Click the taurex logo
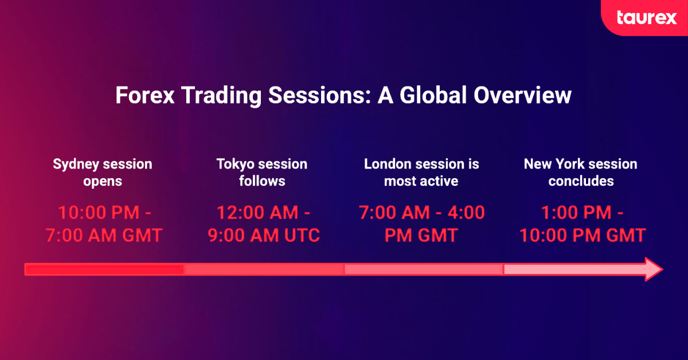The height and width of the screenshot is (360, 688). (x=646, y=18)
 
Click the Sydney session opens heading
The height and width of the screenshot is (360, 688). (x=103, y=172)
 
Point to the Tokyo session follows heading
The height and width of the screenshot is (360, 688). (x=262, y=172)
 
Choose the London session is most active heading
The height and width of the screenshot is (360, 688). (x=421, y=172)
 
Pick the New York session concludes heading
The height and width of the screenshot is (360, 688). (x=581, y=172)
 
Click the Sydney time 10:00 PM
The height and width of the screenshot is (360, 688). (x=98, y=213)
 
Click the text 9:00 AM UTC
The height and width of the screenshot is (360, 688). (x=262, y=235)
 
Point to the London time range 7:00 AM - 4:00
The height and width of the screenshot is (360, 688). (x=421, y=213)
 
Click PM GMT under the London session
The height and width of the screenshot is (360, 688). (x=421, y=235)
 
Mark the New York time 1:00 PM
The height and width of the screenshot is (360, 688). (x=576, y=213)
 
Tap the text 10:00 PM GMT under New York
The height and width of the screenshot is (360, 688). (x=582, y=235)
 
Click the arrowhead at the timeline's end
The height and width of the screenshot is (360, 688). (x=652, y=269)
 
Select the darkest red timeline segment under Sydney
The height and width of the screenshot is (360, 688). (x=104, y=269)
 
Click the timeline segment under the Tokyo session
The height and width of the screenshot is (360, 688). (x=264, y=269)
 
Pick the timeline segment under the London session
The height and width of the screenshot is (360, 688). (x=423, y=269)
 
